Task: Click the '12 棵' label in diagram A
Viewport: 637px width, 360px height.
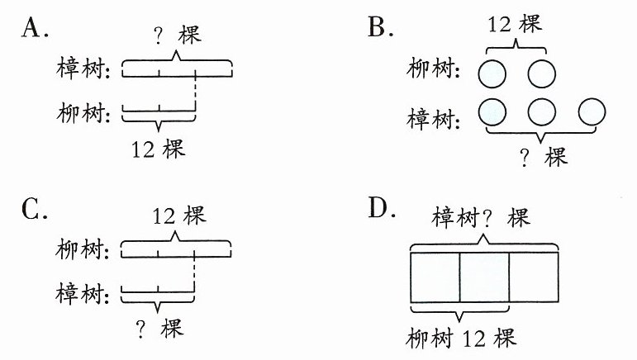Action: coord(158,149)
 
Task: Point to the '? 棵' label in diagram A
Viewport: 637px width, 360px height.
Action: coord(178,35)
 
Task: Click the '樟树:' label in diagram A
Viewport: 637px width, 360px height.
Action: coord(83,68)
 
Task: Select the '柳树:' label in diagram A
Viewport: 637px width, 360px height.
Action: coord(83,112)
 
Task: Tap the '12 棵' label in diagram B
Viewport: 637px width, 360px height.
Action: coord(515,24)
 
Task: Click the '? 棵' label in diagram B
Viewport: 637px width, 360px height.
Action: coord(543,157)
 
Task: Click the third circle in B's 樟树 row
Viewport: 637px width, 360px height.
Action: coord(592,112)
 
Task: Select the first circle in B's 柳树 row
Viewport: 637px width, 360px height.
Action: coord(492,73)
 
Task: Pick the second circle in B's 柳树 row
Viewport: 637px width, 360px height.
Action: coord(541,73)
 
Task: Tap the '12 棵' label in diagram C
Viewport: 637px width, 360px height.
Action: coord(179,216)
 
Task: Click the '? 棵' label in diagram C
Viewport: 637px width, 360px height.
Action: coord(159,329)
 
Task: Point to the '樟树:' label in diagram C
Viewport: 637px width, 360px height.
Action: coord(83,293)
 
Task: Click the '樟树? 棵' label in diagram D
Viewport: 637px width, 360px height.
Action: coord(481,217)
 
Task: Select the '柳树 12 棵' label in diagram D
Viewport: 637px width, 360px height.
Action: coord(461,338)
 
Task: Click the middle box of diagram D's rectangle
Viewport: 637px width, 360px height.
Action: coord(484,277)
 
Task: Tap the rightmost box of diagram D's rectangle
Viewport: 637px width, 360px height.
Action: coord(534,277)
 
